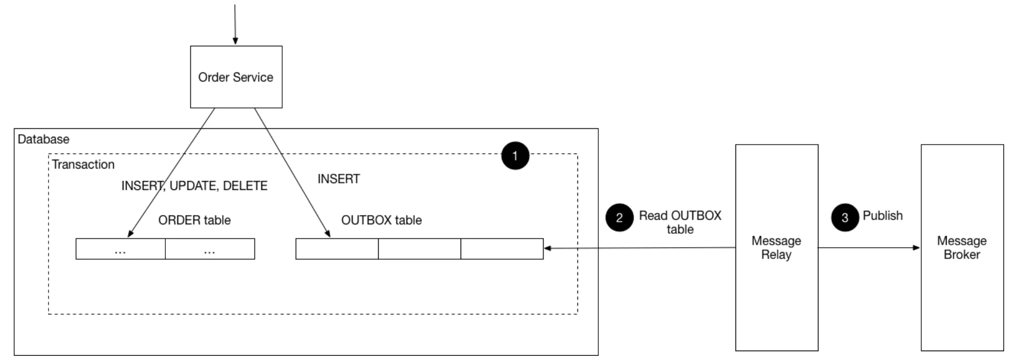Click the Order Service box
236,77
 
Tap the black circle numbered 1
515,155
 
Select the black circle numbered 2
619,217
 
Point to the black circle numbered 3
845,217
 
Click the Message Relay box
776,248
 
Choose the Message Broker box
961,248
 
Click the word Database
43,139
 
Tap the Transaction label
83,164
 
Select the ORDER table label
194,220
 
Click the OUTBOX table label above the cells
381,220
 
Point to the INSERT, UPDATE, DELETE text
194,186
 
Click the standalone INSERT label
339,179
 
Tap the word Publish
882,215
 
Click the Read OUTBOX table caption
680,222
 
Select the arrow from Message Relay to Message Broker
869,248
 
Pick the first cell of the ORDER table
120,249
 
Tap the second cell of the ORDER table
210,249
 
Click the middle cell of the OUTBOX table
419,249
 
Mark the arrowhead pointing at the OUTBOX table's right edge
548,248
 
